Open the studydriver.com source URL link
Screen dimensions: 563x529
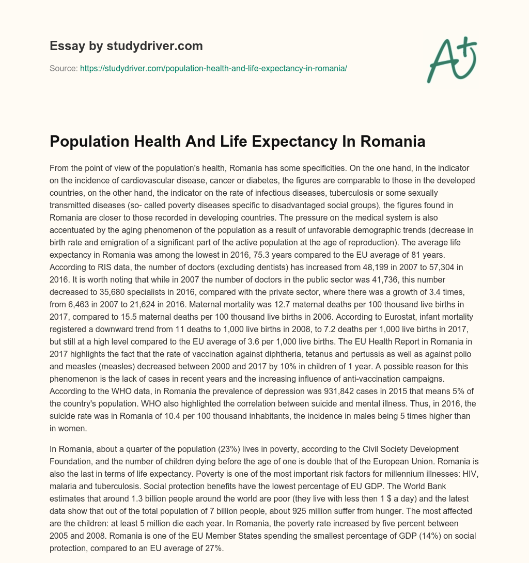[213, 68]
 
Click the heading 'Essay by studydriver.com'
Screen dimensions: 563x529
[126, 46]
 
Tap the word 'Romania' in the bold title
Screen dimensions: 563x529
[391, 127]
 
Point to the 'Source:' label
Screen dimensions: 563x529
[64, 68]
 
